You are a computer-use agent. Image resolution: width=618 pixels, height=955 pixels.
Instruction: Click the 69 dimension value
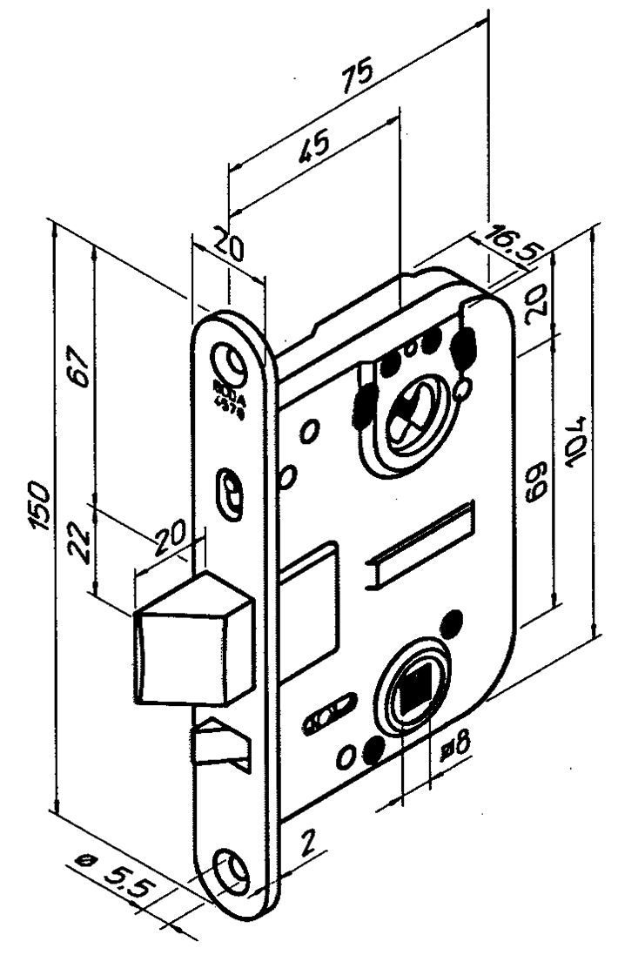tap(535, 480)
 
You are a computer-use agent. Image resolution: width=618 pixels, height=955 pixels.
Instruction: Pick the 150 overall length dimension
tap(38, 506)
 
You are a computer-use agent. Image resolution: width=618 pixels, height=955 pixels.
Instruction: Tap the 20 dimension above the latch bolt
tap(174, 546)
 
